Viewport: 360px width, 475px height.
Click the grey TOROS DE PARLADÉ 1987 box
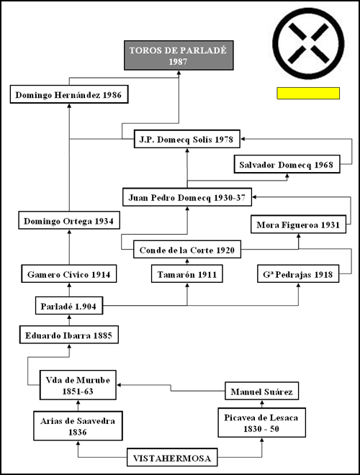coord(179,55)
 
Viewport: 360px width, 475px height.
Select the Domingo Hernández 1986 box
coord(69,94)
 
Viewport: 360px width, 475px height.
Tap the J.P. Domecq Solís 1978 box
coord(187,139)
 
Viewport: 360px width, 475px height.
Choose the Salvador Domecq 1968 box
coord(287,164)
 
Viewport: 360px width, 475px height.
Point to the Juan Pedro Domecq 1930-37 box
coord(187,197)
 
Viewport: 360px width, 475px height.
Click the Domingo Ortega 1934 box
coord(69,220)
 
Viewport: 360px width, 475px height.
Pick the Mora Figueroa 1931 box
coord(299,224)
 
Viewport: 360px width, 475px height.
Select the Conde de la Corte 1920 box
coord(187,249)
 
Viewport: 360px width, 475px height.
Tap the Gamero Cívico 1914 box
coord(69,274)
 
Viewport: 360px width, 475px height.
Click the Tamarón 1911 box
coord(187,274)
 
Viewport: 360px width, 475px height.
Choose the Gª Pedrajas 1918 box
coord(298,274)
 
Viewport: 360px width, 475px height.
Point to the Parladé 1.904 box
coord(69,305)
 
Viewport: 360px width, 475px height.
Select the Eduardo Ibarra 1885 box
coord(69,335)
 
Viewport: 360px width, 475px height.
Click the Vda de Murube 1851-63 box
coord(78,385)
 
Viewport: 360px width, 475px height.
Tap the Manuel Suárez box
coord(262,391)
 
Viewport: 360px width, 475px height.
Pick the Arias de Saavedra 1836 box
coord(78,425)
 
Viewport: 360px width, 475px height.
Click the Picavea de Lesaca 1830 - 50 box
coord(262,422)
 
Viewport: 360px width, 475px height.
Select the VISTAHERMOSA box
coord(172,457)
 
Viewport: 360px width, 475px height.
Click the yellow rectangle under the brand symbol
coord(308,94)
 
